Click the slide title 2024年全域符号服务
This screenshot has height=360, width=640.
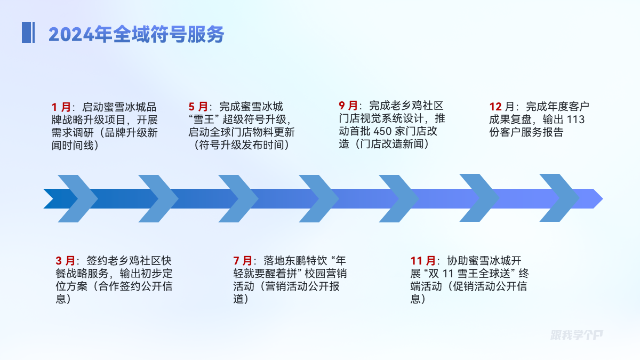pos(136,34)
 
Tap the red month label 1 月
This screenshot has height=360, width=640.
pos(61,107)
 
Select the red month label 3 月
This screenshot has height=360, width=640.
pos(66,261)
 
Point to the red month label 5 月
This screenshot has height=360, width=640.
pos(198,107)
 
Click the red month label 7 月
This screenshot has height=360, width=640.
pos(243,261)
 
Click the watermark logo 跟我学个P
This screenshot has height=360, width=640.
pos(577,335)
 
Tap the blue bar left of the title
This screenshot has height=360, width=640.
pos(28,33)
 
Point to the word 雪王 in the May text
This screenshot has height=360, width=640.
pos(209,119)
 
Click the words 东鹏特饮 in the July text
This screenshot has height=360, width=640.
pos(295,261)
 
